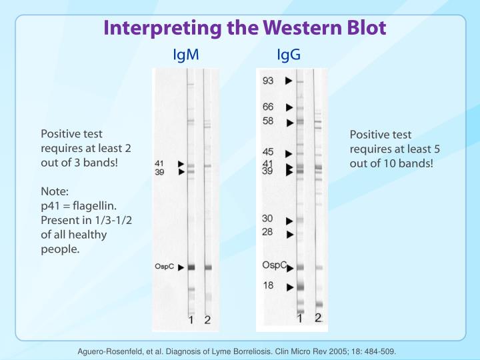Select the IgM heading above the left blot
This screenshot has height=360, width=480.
click(186, 55)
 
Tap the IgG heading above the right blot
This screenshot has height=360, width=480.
click(289, 55)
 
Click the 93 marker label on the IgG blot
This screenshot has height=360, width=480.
click(267, 81)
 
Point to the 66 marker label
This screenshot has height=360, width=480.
click(267, 107)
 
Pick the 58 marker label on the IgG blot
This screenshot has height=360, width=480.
click(267, 121)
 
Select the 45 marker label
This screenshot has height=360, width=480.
click(267, 152)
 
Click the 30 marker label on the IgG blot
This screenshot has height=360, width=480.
click(267, 219)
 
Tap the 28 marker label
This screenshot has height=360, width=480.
click(267, 232)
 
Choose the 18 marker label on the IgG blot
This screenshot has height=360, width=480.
click(267, 285)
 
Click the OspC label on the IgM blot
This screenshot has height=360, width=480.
click(165, 267)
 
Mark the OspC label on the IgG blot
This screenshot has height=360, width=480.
click(273, 265)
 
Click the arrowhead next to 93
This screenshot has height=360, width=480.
click(289, 81)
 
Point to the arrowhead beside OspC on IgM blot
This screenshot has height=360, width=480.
click(181, 267)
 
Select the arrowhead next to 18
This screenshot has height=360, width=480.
click(289, 287)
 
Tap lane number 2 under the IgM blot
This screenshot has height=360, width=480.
click(207, 320)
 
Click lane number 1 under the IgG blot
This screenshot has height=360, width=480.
click(300, 319)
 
